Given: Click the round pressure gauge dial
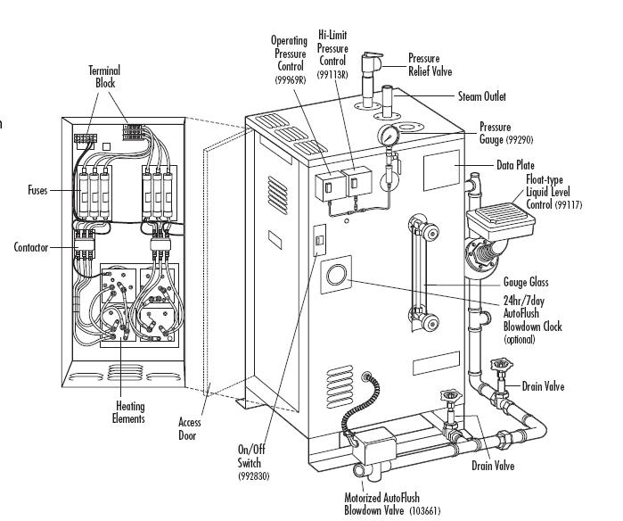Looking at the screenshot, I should click(x=388, y=136).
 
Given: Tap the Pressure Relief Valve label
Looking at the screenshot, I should click(x=436, y=64).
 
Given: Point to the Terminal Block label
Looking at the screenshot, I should click(x=105, y=77).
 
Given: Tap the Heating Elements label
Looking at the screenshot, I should click(x=129, y=412).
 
